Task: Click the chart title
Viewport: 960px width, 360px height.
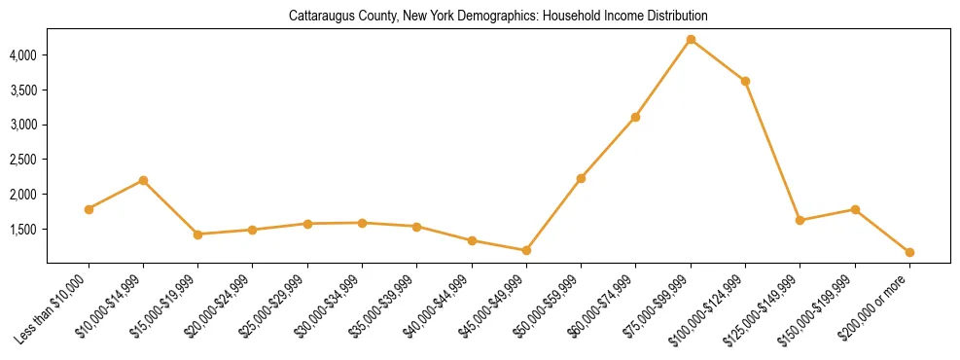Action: click(x=498, y=17)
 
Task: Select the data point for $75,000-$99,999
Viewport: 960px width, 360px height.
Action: click(x=691, y=40)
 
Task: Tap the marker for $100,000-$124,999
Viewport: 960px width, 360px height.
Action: click(x=745, y=81)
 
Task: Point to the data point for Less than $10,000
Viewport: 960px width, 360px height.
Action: click(x=89, y=209)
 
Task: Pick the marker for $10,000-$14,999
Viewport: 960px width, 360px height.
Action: click(x=143, y=180)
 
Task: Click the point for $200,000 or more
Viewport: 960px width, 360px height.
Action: click(x=909, y=252)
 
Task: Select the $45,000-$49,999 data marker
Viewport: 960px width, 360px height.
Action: click(x=526, y=250)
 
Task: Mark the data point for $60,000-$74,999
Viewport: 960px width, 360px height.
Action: click(x=635, y=117)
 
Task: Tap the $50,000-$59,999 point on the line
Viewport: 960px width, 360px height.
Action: click(x=581, y=178)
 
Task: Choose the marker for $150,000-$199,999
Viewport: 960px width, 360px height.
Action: click(x=855, y=209)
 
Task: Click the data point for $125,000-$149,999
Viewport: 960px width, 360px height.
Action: click(x=800, y=220)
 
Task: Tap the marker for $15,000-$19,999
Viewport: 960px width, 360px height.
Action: click(x=197, y=234)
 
